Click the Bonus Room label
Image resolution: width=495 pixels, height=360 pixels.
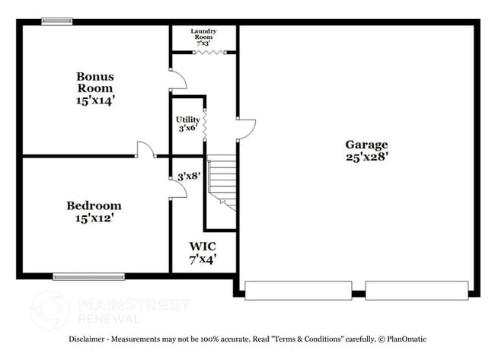point(95,82)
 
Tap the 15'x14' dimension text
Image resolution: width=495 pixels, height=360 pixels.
point(95,100)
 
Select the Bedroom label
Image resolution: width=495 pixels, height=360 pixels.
point(94,205)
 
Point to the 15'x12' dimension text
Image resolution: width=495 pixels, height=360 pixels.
point(94,218)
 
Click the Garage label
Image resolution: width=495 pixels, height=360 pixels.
point(366,145)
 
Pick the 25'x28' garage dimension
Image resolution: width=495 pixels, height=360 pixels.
point(366,157)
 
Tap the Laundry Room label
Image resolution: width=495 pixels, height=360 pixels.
point(203,34)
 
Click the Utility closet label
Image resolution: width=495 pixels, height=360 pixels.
point(188,119)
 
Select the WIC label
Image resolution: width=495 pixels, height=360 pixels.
point(203,247)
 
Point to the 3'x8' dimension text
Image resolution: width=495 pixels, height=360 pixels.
point(189,176)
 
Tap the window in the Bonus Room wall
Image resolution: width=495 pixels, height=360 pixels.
point(57,21)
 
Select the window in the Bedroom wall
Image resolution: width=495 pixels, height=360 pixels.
point(88,277)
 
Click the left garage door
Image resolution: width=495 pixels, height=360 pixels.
point(299,291)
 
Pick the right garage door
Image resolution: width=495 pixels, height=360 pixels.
point(417,291)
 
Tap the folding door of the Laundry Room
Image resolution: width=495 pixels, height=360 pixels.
point(209,53)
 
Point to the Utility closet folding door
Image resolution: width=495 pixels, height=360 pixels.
point(205,125)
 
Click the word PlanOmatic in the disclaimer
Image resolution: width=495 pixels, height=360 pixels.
point(407,339)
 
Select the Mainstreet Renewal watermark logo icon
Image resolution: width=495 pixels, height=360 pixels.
point(49,310)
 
